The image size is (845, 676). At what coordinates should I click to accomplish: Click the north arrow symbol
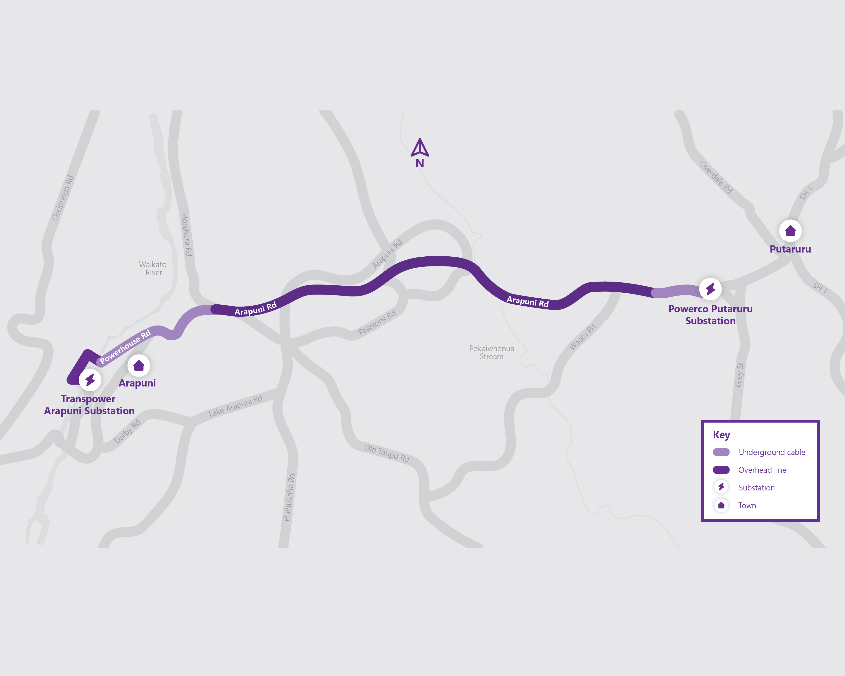[x=420, y=148]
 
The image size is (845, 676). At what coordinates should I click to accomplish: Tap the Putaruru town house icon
[x=790, y=231]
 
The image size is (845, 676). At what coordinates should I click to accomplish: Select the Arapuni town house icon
[x=139, y=366]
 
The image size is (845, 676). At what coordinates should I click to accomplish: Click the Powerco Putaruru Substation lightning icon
[x=711, y=289]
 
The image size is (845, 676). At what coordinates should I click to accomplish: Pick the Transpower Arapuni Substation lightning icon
[x=90, y=380]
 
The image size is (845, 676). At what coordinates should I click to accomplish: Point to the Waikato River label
[x=153, y=268]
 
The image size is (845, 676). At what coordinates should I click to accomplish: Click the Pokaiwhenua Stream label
[x=491, y=352]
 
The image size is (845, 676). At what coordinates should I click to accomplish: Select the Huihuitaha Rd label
[x=289, y=497]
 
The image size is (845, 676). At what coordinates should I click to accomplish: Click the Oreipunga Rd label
[x=63, y=198]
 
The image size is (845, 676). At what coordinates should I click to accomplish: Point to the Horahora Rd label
[x=187, y=235]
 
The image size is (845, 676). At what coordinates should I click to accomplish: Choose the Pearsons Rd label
[x=377, y=323]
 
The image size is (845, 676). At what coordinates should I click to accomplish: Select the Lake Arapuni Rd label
[x=235, y=406]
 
